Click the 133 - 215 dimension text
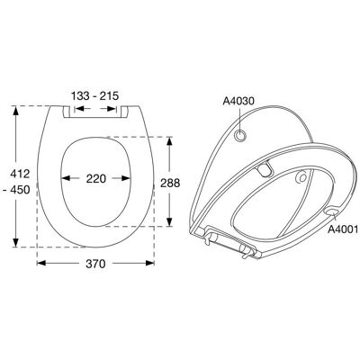click(94, 96)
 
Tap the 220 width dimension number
click(96, 179)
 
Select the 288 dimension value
click(170, 183)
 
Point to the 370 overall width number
click(95, 264)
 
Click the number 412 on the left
click(20, 174)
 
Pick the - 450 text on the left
click(18, 190)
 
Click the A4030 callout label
click(238, 101)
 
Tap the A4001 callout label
click(343, 229)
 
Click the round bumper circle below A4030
click(239, 136)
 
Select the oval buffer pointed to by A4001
click(331, 211)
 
